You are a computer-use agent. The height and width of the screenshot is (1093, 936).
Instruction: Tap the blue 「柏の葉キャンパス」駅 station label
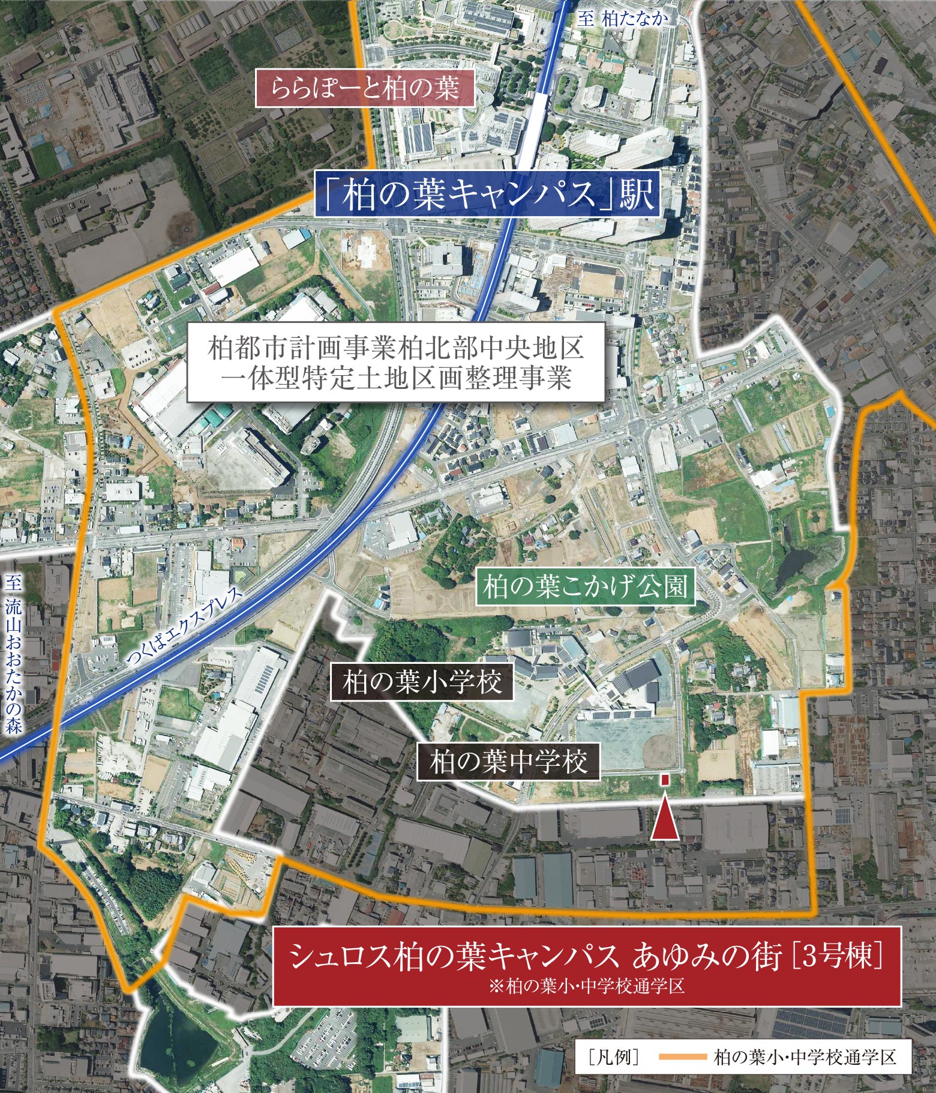coord(487,194)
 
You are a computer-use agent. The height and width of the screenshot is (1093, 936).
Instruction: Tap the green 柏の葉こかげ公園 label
coord(584,586)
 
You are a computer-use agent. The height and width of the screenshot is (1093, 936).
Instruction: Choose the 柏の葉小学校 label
coord(422,683)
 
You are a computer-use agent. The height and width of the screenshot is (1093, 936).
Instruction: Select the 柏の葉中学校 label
coord(508,762)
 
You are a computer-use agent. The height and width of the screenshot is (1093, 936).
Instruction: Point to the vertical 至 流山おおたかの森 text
coord(13,655)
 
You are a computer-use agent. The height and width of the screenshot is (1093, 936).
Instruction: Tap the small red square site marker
coord(665,780)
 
